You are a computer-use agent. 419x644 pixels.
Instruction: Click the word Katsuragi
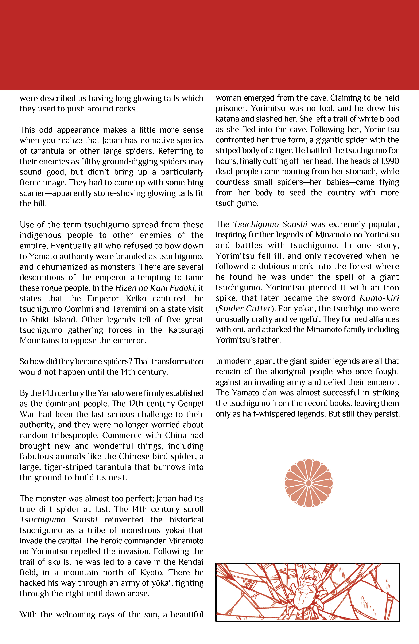pyautogui.click(x=186, y=330)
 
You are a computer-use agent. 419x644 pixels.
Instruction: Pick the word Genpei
pyautogui.click(x=190, y=404)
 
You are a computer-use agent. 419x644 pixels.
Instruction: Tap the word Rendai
pyautogui.click(x=191, y=562)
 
